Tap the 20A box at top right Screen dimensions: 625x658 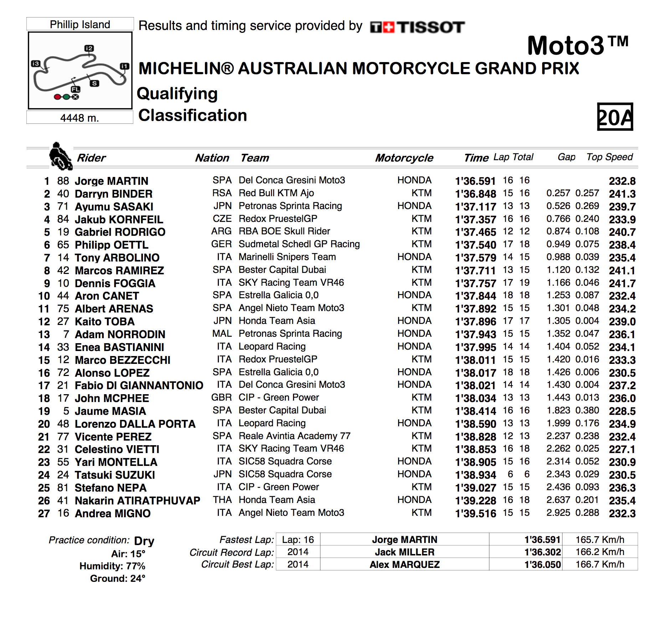click(615, 117)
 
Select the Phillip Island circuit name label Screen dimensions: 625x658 click(80, 24)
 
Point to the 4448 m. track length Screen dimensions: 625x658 click(79, 118)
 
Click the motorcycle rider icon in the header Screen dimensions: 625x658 click(60, 157)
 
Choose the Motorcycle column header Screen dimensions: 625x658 click(404, 158)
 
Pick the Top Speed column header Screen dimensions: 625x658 click(610, 157)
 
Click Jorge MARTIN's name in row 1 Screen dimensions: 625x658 click(111, 181)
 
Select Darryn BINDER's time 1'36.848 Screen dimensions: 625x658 click(475, 194)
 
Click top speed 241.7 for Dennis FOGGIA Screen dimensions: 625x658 click(622, 284)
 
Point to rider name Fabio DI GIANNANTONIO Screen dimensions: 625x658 click(139, 386)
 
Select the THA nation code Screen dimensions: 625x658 click(222, 500)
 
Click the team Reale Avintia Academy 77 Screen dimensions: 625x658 click(294, 436)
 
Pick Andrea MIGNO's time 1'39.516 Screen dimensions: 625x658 click(475, 514)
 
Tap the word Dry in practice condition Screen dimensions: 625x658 click(144, 541)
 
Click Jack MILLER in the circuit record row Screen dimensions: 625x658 click(405, 552)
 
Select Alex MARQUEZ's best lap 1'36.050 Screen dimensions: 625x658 click(543, 565)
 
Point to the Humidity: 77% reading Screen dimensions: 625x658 click(112, 566)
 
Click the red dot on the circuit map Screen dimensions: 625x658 click(57, 97)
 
